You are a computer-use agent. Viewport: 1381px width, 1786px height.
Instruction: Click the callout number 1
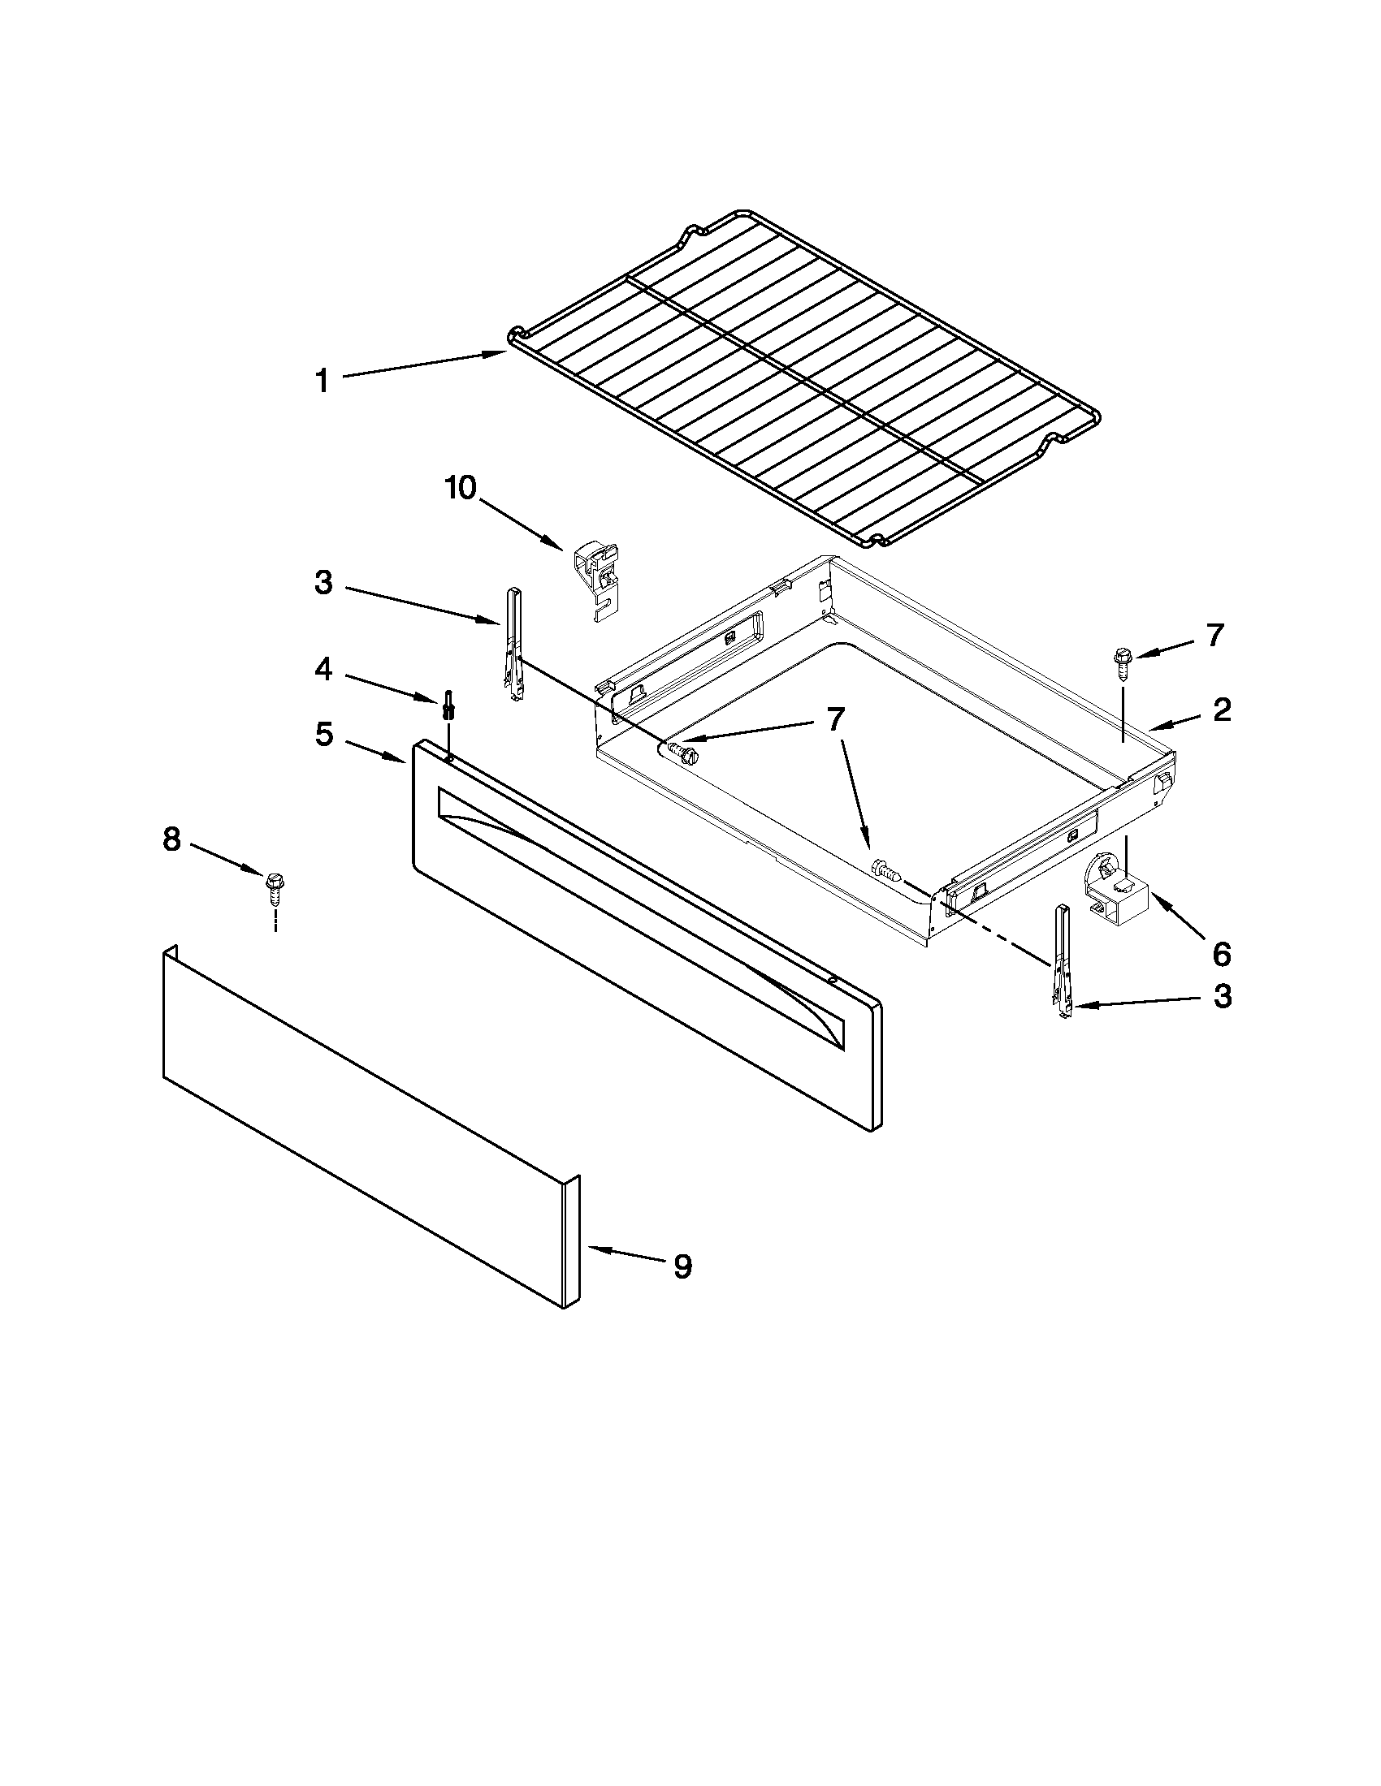(x=323, y=381)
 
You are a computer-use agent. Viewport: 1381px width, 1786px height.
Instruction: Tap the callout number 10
(x=461, y=488)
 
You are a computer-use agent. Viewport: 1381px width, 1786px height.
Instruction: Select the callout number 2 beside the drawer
(x=1221, y=709)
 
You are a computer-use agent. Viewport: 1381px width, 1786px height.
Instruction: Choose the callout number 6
(x=1221, y=953)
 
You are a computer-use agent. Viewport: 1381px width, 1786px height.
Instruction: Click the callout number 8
(x=171, y=839)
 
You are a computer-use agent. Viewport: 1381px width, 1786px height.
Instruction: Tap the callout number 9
(x=682, y=1266)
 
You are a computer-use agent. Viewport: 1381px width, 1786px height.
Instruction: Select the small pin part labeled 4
(x=448, y=703)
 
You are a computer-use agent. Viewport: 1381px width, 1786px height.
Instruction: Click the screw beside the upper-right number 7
(x=1122, y=660)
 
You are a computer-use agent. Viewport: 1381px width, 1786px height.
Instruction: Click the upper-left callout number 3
(x=324, y=583)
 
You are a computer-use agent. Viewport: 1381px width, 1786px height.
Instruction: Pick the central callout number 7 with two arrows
(x=834, y=718)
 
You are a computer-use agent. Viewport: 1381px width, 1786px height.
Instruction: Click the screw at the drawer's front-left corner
(x=682, y=753)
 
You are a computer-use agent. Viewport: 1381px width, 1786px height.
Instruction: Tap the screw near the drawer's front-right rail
(x=887, y=869)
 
